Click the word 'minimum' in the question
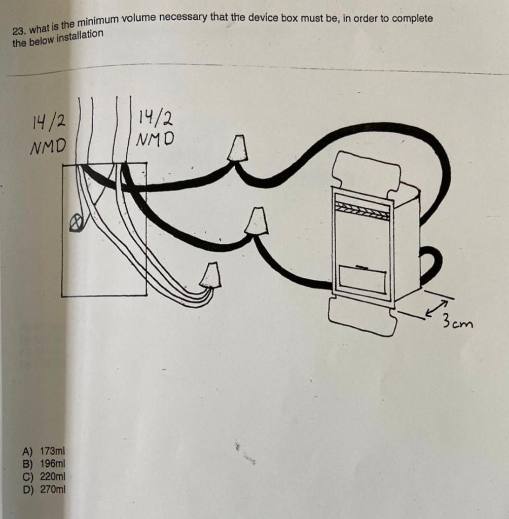99,21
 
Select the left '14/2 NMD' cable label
49,134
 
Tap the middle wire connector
257,220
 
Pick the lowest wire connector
210,275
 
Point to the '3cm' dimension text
457,321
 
